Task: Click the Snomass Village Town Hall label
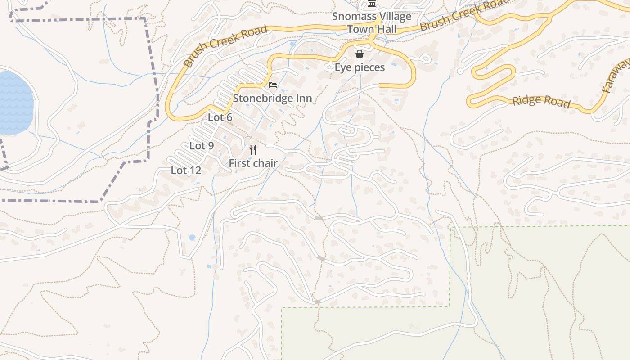coord(372,23)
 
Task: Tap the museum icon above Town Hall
coord(372,4)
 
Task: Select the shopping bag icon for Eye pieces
coord(360,54)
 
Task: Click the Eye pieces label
coord(360,67)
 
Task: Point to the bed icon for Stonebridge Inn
coord(273,85)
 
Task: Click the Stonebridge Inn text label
coord(272,98)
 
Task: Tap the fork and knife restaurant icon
coord(253,150)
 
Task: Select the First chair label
coord(253,163)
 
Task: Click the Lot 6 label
coord(220,117)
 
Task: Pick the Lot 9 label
coord(202,146)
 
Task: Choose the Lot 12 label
coord(186,171)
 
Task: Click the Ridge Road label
coord(541,101)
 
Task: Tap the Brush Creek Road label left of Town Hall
coord(226,46)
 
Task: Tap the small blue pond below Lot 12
coord(192,237)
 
